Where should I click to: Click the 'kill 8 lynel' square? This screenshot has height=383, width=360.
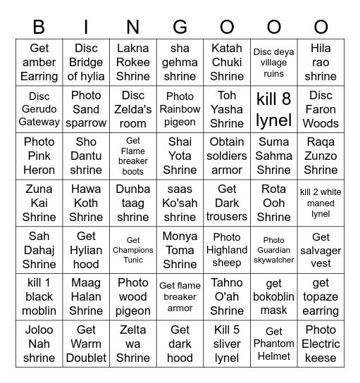[274, 109]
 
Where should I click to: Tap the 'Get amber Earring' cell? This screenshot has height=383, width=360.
[39, 62]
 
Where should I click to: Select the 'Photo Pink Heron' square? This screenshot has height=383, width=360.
[39, 156]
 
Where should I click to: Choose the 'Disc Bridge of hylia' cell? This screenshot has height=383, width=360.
[86, 62]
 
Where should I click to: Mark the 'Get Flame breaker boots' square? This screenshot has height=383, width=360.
[133, 156]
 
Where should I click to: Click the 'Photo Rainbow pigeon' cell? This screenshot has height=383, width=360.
[180, 109]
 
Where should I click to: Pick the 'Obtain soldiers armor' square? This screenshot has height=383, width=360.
[227, 156]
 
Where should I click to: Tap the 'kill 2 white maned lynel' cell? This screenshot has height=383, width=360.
[321, 203]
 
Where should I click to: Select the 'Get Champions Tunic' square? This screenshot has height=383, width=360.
[133, 250]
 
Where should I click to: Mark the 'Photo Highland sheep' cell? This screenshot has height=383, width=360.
[227, 250]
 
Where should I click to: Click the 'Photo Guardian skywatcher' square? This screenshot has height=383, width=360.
[274, 250]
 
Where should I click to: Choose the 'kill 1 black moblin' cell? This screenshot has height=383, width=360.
[39, 296]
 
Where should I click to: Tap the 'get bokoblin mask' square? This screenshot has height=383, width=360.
[274, 296]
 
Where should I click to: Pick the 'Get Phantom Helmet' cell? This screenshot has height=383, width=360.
[274, 344]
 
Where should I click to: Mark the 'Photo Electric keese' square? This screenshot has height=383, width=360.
[321, 344]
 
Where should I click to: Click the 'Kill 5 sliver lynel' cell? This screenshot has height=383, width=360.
[227, 344]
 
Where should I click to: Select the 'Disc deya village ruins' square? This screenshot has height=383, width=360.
[274, 62]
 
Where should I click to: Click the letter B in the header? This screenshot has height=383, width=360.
[39, 27]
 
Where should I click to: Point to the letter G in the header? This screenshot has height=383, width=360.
[180, 27]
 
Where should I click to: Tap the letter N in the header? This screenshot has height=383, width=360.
[133, 27]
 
